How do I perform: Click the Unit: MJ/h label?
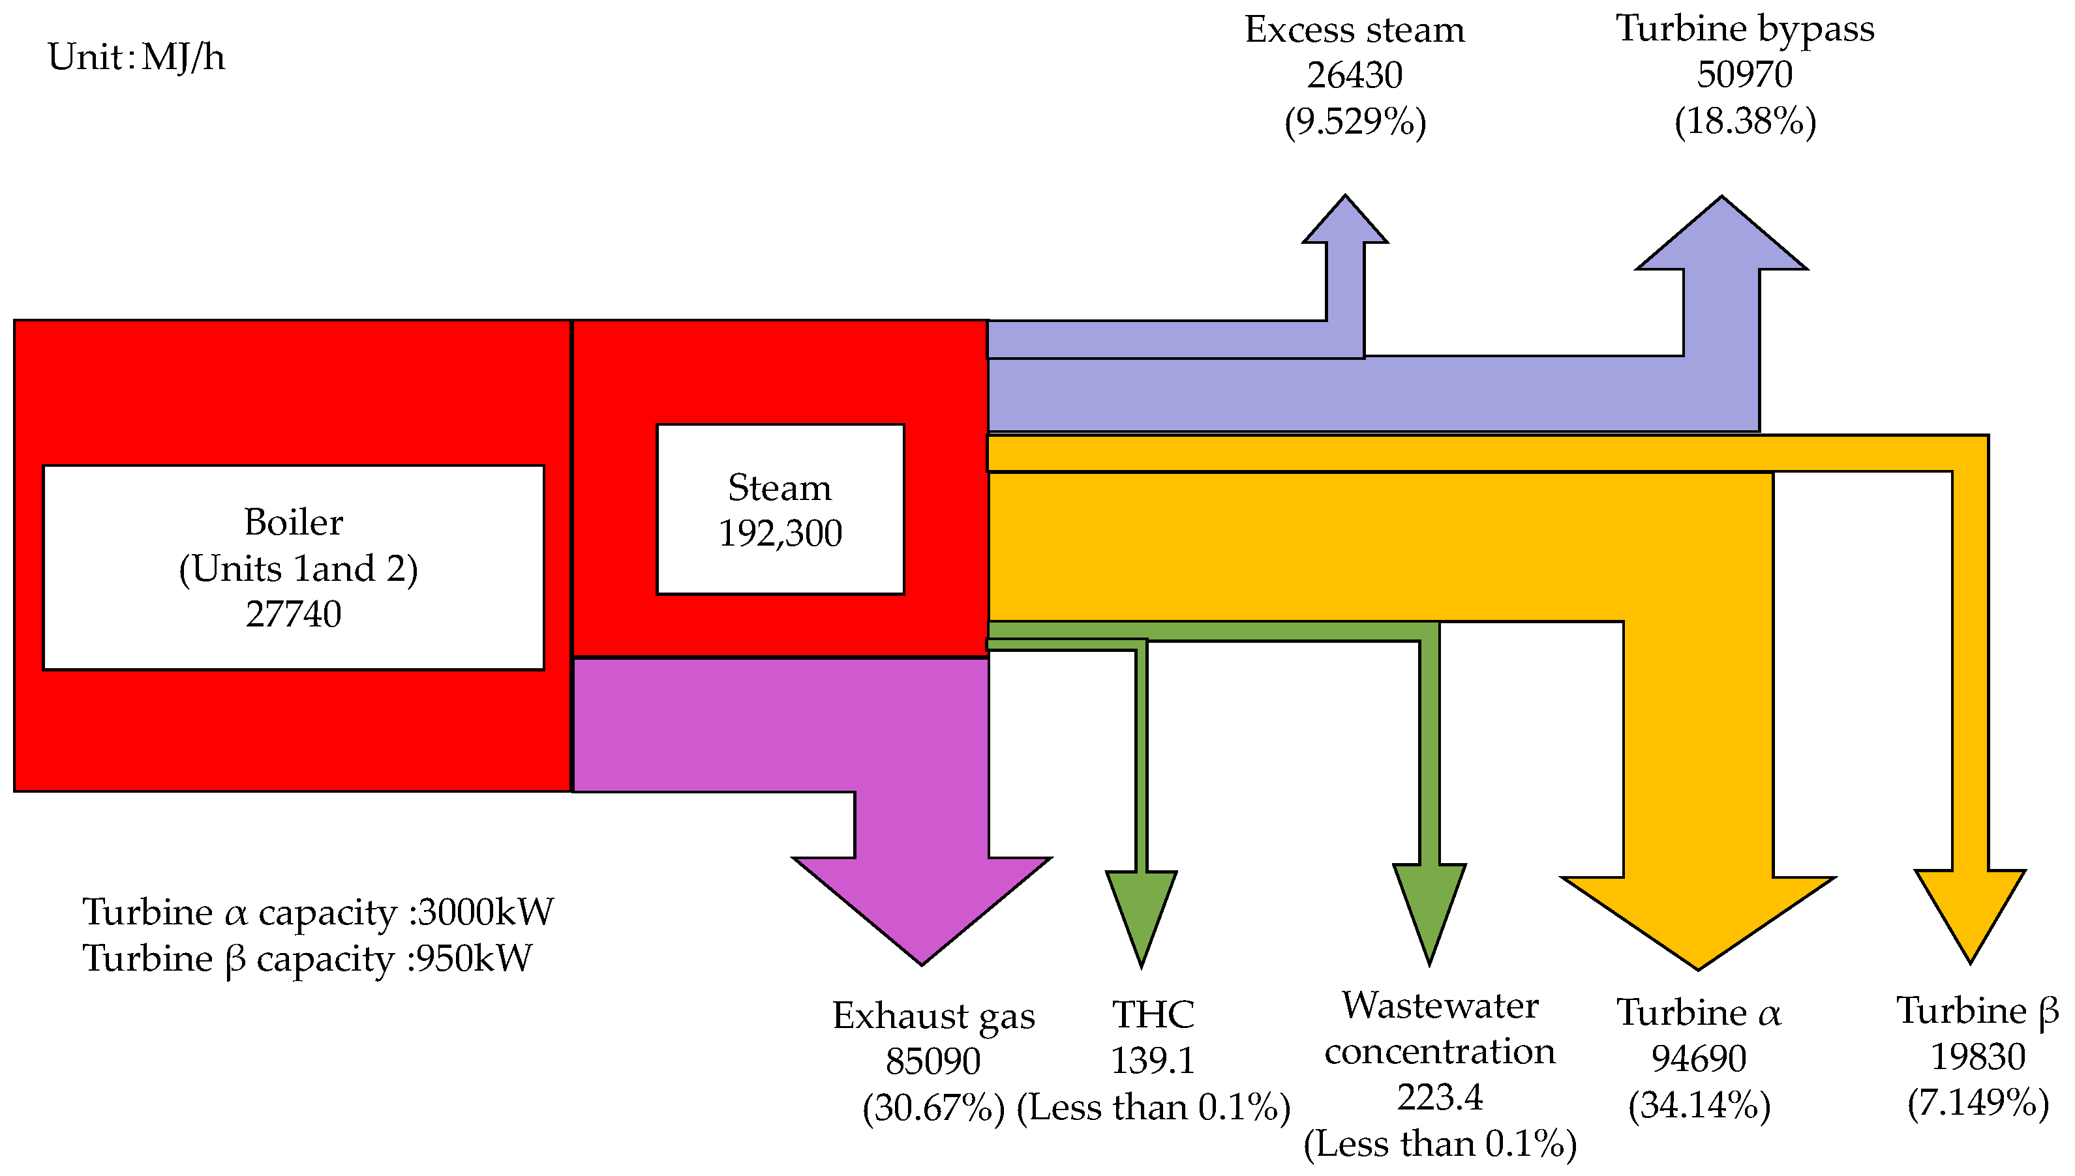point(136,58)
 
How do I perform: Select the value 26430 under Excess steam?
point(1354,76)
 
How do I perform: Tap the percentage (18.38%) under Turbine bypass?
point(1744,122)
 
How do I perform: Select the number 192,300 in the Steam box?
point(780,534)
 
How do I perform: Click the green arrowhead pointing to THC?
point(1141,913)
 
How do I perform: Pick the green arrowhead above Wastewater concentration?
point(1429,909)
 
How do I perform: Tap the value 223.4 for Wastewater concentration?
point(1440,1098)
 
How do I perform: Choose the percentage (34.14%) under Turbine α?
point(1699,1105)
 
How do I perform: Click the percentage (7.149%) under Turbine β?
point(1977,1102)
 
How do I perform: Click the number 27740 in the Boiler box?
point(294,615)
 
